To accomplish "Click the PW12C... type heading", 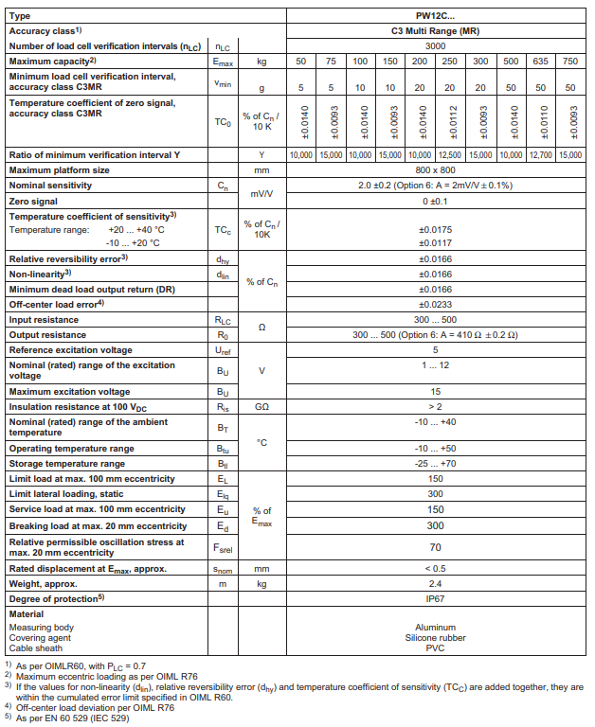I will tap(435, 16).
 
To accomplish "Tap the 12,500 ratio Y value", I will tap(451, 154).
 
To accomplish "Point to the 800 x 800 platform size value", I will tap(435, 170).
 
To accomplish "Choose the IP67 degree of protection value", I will tap(435, 598).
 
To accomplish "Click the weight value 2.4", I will tap(435, 583).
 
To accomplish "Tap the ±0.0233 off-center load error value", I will tap(435, 305).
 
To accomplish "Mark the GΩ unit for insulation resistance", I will tap(262, 406).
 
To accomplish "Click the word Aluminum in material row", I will tap(435, 627).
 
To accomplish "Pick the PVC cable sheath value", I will tap(435, 647).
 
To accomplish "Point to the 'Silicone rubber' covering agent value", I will tap(435, 637).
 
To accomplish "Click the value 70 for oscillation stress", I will tap(435, 546).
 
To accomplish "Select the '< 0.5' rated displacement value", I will tap(435, 568).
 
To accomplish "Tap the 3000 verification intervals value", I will tap(435, 45).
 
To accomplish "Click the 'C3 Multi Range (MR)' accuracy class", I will tap(435, 31).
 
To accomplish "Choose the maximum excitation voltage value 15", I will tap(435, 391).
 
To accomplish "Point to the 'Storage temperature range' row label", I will tap(66, 464).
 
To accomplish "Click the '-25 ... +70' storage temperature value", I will tap(435, 464).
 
